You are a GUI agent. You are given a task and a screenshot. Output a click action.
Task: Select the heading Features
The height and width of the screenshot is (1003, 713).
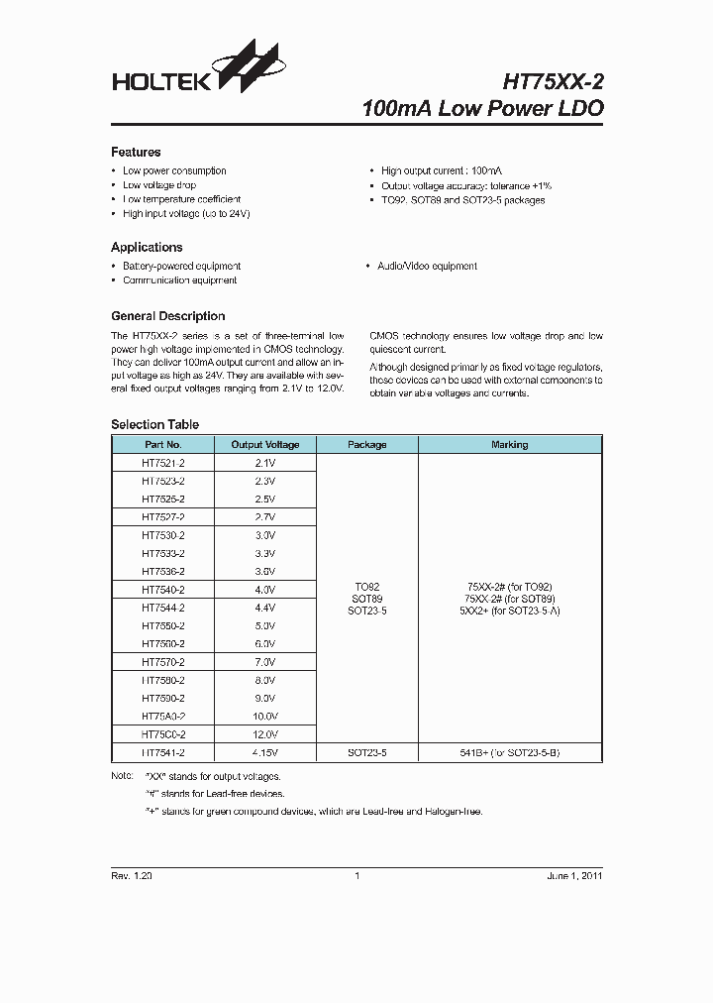136,152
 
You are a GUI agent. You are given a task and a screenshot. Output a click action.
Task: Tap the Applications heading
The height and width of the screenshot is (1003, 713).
147,247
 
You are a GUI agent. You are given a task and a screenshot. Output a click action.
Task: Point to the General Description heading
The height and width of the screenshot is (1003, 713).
167,316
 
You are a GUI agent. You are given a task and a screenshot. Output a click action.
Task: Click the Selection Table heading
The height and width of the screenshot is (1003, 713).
154,424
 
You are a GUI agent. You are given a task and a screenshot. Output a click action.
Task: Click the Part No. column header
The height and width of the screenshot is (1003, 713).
163,445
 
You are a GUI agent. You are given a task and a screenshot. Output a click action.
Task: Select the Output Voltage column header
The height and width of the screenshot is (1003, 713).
265,445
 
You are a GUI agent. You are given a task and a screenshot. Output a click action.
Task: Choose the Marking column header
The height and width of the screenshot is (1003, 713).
509,445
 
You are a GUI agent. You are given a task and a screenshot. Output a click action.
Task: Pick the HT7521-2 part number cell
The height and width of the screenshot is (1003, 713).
163,463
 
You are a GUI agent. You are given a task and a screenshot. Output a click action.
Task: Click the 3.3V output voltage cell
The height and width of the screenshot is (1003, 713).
265,553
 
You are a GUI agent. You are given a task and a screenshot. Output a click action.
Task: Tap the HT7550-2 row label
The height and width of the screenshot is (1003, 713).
163,625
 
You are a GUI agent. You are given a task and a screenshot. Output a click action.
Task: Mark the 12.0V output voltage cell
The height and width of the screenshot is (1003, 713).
265,734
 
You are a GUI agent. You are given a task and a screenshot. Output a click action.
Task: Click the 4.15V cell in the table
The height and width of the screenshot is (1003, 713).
265,753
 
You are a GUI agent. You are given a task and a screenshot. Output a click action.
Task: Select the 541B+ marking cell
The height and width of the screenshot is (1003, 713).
509,753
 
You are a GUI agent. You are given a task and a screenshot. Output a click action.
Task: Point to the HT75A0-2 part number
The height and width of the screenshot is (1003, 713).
163,716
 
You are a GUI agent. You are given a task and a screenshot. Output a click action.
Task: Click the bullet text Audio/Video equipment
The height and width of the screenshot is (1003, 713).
427,267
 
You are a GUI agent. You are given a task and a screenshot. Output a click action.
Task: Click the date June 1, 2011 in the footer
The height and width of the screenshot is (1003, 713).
574,876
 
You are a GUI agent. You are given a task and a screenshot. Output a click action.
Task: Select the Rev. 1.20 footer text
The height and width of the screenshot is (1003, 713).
132,876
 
